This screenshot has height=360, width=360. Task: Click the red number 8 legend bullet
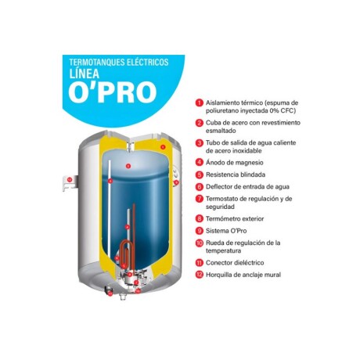coord(200,218)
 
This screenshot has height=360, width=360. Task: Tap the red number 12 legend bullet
coord(200,275)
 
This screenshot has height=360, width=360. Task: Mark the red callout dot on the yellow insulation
coord(163,146)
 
